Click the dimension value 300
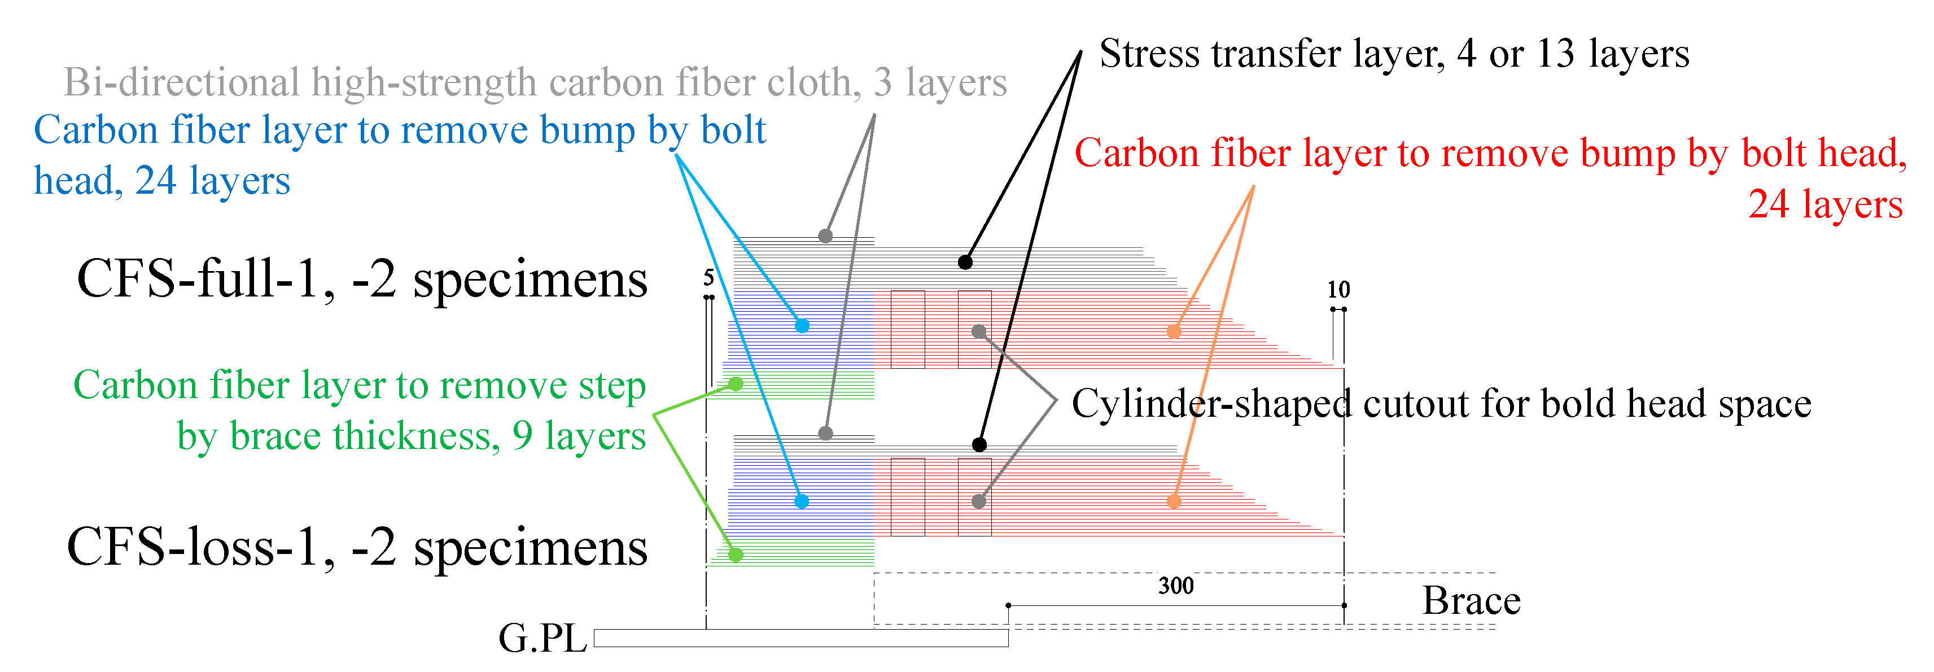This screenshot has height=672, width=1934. coord(1176,586)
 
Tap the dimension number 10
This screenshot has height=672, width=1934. coord(1338,290)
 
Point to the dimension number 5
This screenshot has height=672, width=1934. coord(708,278)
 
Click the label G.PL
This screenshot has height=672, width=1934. coord(542,639)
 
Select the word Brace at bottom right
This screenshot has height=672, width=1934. coord(1472,601)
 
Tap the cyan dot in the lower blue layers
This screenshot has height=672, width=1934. coord(802,501)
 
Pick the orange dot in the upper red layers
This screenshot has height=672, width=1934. coord(1174,331)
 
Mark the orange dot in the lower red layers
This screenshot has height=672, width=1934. coord(1174,501)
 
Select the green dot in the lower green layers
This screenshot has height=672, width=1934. coord(736,555)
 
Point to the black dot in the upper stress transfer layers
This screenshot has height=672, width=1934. coord(965,262)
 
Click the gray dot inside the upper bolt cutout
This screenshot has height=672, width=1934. coord(978,331)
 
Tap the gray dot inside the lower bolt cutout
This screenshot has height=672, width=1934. coord(978,501)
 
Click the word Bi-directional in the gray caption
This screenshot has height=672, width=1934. coord(182,82)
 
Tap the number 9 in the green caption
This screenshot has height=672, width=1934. coord(523,437)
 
